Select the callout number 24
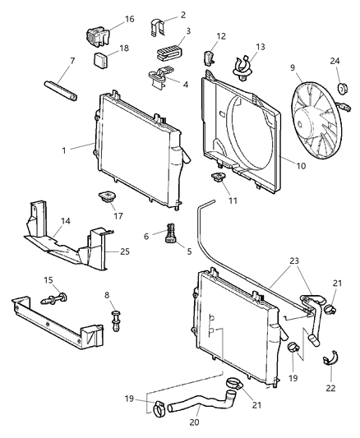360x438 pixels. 335,59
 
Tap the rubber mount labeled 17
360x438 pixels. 106,198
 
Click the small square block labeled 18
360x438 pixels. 104,60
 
